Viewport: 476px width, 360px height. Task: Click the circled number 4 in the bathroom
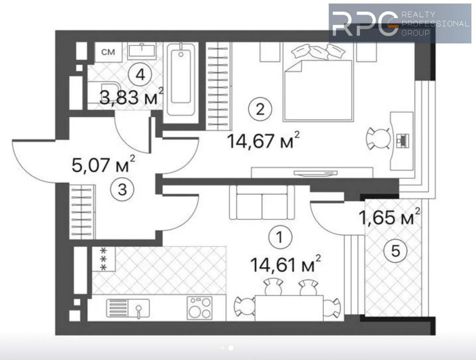tap(140, 75)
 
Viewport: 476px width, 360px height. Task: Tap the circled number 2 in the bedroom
tap(260, 110)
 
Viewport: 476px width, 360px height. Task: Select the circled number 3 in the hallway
tap(122, 190)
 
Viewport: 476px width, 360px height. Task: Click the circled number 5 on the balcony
tap(395, 251)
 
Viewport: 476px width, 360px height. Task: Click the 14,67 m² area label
tap(263, 140)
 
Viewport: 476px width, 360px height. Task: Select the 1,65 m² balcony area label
tap(389, 216)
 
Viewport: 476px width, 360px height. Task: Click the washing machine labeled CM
tap(109, 52)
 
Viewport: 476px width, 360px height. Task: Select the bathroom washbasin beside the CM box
tap(142, 51)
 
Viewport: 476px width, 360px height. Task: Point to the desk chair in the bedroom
tap(378, 139)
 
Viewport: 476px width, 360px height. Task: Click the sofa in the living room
tap(262, 202)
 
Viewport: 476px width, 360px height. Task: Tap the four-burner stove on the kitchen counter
tap(199, 308)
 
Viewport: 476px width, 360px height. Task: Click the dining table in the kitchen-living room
tap(289, 308)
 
